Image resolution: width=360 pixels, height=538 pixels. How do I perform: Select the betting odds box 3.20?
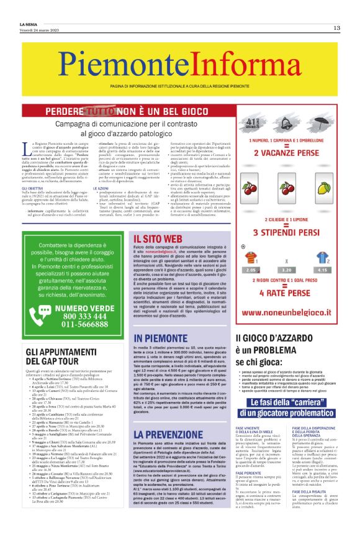(286, 270)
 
